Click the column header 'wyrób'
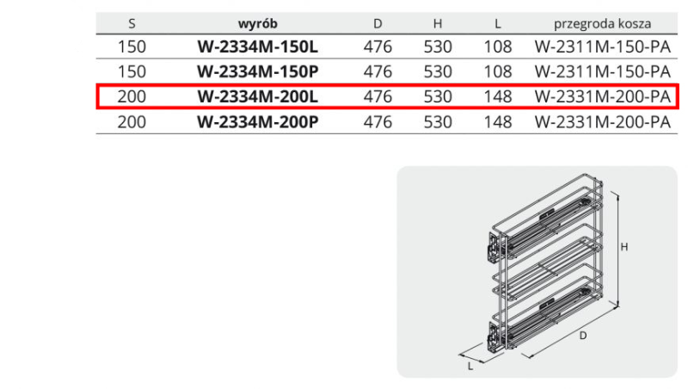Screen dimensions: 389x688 [258, 22]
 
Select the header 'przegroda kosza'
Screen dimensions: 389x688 [602, 22]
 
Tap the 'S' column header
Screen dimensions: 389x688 [132, 22]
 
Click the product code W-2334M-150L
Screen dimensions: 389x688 [258, 46]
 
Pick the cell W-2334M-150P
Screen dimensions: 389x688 [258, 71]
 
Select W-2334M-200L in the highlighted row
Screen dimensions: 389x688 [258, 96]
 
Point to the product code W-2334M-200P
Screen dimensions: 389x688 [258, 121]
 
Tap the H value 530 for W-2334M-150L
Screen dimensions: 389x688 [438, 46]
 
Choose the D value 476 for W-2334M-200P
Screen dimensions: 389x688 [378, 121]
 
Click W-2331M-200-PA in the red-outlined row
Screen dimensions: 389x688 [602, 96]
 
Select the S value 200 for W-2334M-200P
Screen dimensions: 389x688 [132, 121]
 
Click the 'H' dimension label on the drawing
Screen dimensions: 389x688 [625, 247]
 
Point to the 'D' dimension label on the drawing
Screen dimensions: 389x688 [582, 336]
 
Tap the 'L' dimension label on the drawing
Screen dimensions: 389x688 [470, 365]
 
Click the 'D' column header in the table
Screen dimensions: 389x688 [378, 22]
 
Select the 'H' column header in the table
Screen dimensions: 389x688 [438, 22]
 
